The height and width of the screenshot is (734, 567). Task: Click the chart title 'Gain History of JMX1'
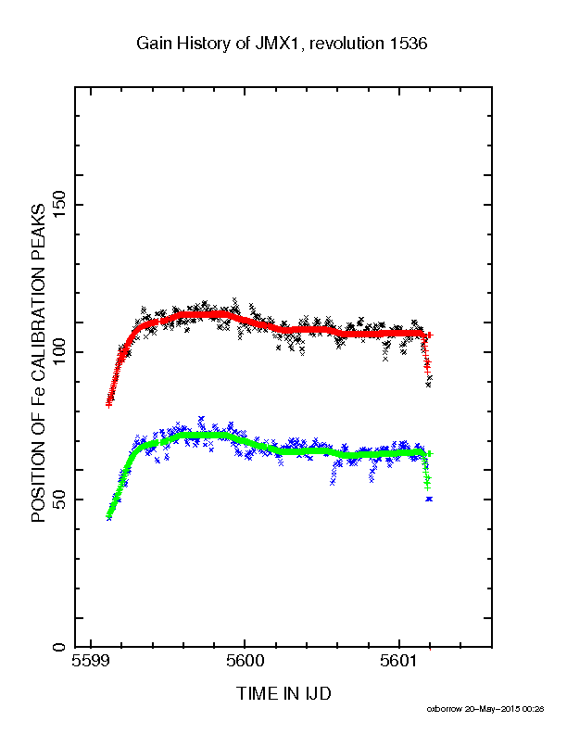point(219,44)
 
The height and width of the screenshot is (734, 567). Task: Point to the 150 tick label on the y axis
point(59,205)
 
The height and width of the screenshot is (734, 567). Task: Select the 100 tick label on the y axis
point(59,352)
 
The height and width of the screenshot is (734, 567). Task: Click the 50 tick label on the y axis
point(59,500)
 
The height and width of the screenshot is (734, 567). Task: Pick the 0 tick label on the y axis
point(59,648)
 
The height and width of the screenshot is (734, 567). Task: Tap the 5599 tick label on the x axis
point(90,661)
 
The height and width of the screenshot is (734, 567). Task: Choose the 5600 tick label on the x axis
point(245,661)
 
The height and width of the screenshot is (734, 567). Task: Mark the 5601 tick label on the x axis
point(399,661)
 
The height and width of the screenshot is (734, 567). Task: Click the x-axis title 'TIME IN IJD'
point(283,693)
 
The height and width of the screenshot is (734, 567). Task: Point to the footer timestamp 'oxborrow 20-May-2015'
point(473,709)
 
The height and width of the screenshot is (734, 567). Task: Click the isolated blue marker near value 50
point(429,499)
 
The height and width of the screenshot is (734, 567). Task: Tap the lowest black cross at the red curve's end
point(428,385)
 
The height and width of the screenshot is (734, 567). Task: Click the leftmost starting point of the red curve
point(108,405)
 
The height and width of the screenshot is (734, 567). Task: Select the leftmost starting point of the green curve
point(108,516)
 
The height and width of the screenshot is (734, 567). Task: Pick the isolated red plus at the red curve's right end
point(430,335)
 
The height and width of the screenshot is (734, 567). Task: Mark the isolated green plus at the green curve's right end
point(430,453)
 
